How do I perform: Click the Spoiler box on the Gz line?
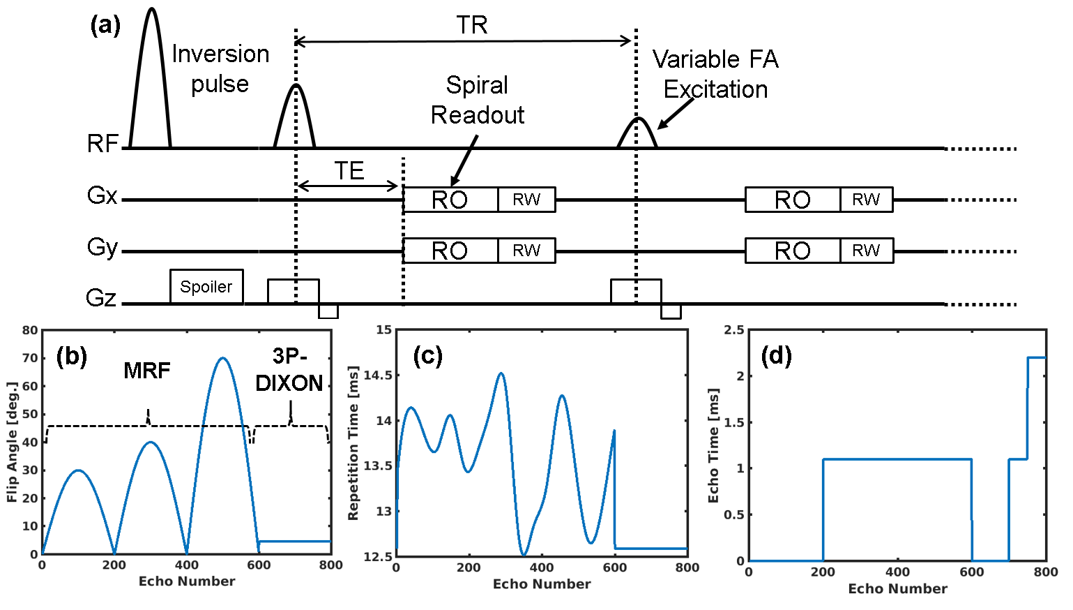click(x=206, y=287)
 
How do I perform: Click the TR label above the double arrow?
click(x=472, y=26)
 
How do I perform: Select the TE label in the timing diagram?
click(x=349, y=171)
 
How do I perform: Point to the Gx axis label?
click(x=102, y=195)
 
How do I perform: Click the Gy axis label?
click(x=102, y=247)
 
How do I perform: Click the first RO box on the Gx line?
click(x=450, y=200)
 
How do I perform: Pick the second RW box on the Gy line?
click(x=866, y=251)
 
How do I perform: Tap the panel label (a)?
click(x=105, y=26)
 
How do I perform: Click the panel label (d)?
click(x=776, y=356)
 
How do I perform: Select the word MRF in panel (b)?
click(x=146, y=371)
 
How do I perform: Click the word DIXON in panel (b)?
click(x=289, y=383)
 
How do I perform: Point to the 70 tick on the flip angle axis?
click(x=30, y=358)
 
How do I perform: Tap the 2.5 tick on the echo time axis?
click(x=733, y=330)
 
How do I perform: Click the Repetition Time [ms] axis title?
click(x=353, y=443)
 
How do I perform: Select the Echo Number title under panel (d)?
click(x=897, y=589)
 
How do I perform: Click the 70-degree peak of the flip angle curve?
click(x=222, y=358)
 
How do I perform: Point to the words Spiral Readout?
click(x=478, y=100)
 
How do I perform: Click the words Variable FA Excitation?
click(x=715, y=74)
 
